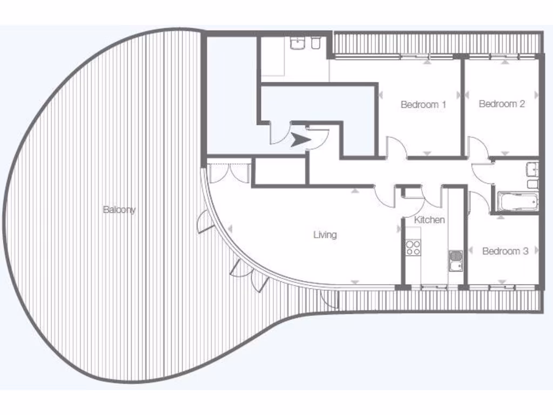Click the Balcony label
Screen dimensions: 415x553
click(119, 210)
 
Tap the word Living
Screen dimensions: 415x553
click(325, 235)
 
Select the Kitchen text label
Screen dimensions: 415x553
click(429, 219)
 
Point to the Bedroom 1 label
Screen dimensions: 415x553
click(423, 104)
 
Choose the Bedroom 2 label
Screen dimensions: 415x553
click(502, 104)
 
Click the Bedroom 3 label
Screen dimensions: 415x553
click(505, 251)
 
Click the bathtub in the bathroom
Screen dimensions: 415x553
click(517, 202)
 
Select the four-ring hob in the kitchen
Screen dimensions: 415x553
click(413, 247)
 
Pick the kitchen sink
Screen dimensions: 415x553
click(455, 260)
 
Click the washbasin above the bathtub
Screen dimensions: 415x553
click(532, 169)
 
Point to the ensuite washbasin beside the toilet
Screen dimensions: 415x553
click(298, 44)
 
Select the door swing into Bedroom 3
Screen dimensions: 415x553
click(479, 201)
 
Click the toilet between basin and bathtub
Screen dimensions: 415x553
click(532, 184)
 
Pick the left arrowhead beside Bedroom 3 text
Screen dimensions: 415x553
click(471, 251)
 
